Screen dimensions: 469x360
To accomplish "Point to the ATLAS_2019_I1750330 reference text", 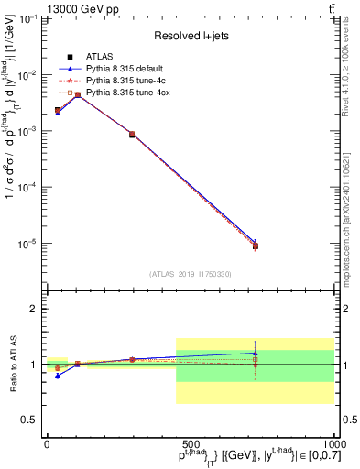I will coord(190,274).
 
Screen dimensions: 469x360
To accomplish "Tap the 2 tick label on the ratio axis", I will coord(32,309).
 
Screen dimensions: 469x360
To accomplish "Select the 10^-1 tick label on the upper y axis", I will coord(26,18).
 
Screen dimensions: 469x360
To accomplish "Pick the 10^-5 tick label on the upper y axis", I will coord(26,244).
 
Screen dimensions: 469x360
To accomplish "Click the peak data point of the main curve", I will coord(78,94).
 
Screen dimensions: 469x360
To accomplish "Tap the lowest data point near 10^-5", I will coord(256,245).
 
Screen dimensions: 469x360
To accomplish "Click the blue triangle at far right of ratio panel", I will coord(256,353).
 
